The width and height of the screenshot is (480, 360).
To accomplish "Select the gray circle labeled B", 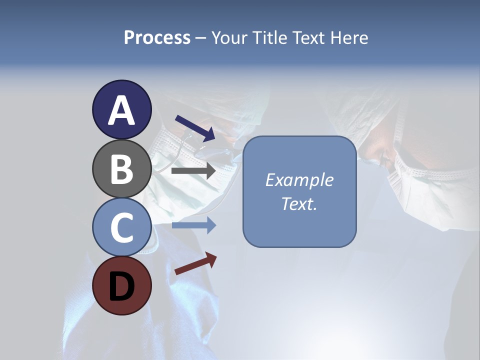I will tap(121, 169).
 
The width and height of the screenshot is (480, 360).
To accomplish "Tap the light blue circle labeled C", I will tap(121, 227).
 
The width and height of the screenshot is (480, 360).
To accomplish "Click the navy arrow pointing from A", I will tap(195, 128).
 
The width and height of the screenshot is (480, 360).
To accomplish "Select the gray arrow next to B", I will tap(193, 171).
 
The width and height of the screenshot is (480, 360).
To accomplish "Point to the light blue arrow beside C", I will tap(193, 225).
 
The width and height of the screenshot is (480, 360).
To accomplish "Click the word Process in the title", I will tap(157, 38).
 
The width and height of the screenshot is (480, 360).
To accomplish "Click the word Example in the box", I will tap(299, 180).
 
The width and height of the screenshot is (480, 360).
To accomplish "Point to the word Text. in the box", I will tap(299, 203).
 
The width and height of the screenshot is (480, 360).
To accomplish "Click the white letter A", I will tap(121, 110).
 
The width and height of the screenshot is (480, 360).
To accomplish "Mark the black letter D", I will tap(121, 287).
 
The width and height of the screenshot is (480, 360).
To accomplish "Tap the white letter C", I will tap(121, 227).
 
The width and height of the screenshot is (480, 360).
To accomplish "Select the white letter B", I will tap(121, 169).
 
